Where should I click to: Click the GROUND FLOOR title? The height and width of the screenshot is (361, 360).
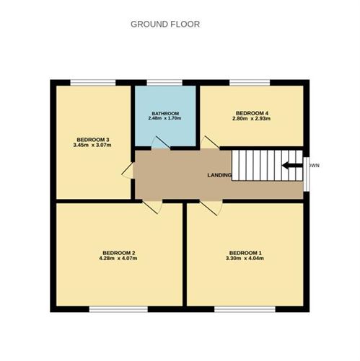coord(165,24)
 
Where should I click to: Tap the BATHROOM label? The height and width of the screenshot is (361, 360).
coord(164,112)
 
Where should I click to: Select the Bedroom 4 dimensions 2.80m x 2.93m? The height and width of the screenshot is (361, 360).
coord(253,119)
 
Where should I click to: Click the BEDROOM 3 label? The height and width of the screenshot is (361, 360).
coord(94,139)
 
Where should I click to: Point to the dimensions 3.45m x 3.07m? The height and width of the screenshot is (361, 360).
coord(94,146)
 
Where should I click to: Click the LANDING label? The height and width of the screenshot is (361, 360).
coord(219,175)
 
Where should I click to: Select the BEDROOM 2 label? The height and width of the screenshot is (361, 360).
coord(118,252)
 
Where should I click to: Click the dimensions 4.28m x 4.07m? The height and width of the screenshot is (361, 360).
coord(118,259)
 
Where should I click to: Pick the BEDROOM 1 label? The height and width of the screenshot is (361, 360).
coord(246,252)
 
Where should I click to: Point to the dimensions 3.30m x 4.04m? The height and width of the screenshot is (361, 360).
coord(246,259)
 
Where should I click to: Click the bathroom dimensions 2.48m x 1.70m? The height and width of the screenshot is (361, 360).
coord(164,118)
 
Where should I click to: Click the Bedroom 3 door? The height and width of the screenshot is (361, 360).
coord(128,171)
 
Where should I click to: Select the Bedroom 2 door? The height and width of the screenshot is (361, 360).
coord(152,207)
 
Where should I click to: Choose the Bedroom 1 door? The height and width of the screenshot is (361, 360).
coord(211,207)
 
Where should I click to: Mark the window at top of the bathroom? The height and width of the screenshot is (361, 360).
coord(164,82)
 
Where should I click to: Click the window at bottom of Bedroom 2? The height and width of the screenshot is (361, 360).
coord(118,309)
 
